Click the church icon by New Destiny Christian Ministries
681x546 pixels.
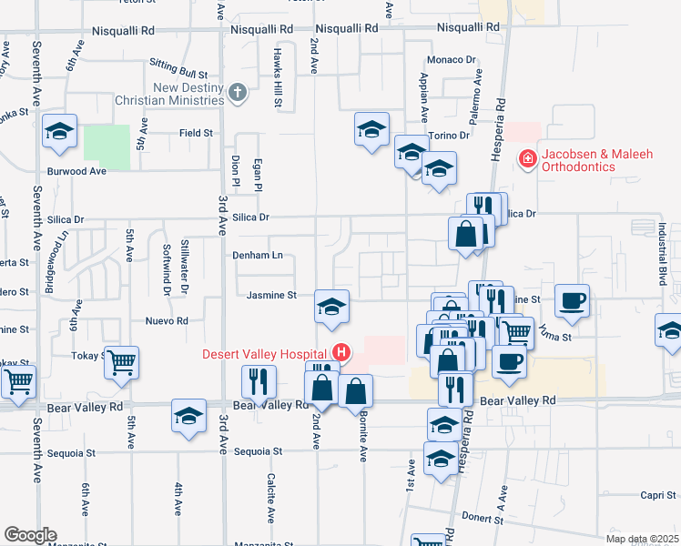pyautogui.click(x=237, y=92)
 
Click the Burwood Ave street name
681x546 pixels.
pyautogui.click(x=77, y=170)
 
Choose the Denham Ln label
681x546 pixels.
pyautogui.click(x=258, y=256)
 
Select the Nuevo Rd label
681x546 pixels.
pyautogui.click(x=167, y=321)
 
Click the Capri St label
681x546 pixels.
pyautogui.click(x=656, y=496)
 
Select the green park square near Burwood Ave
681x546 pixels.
pyautogui.click(x=107, y=146)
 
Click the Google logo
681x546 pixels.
pyautogui.click(x=30, y=535)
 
